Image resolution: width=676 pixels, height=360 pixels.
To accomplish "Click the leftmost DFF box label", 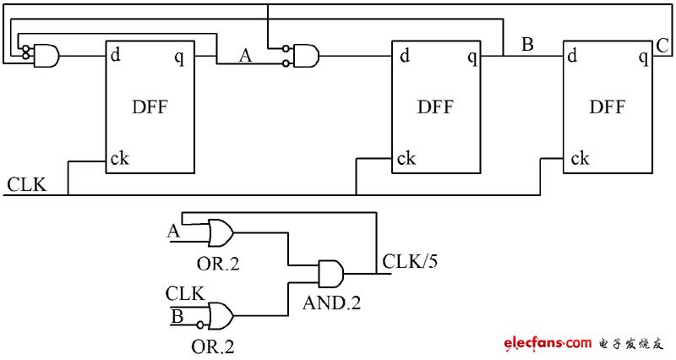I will click(150, 106).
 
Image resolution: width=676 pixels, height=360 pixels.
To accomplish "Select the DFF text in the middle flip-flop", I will click(436, 107).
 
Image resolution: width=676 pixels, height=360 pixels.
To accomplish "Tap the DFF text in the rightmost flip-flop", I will click(608, 107).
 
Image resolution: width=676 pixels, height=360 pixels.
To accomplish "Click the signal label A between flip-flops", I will click(246, 57).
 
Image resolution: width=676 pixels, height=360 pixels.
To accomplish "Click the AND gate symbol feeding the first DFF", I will click(45, 57).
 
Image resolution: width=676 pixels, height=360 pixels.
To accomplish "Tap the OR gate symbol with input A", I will click(221, 232).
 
